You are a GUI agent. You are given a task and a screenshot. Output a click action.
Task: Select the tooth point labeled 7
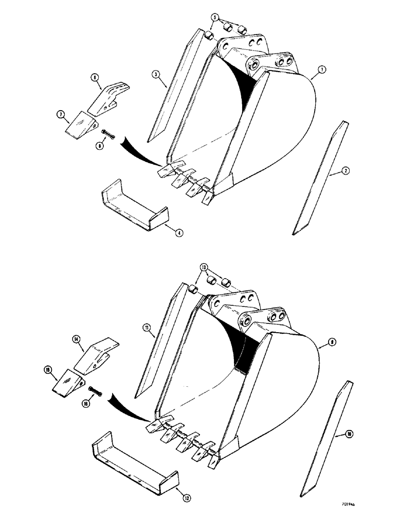[x=81, y=124]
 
